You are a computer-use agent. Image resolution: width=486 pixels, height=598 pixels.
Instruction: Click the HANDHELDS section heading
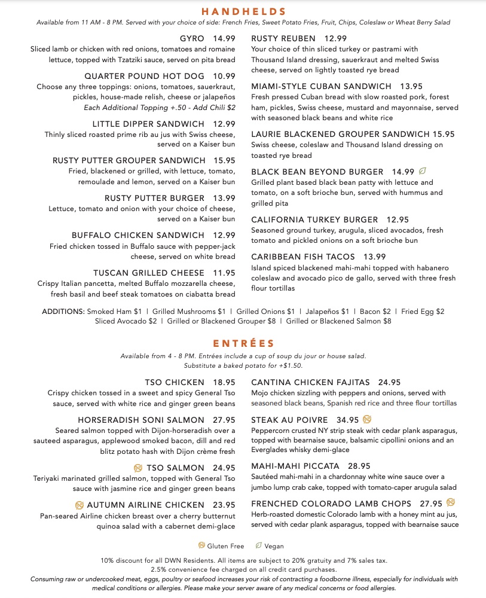point(243,11)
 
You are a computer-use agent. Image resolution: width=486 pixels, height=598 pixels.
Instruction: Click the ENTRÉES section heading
point(243,343)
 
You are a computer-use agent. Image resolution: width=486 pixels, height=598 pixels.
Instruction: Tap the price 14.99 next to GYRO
point(224,38)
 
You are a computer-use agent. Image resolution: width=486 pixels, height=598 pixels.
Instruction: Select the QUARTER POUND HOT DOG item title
point(144,76)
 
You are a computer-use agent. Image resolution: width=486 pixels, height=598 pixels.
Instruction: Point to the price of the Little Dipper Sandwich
point(224,124)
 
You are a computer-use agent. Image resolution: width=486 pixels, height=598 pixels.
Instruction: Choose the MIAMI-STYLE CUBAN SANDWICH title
point(321,86)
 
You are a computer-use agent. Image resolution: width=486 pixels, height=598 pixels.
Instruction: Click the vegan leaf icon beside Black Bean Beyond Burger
point(423,172)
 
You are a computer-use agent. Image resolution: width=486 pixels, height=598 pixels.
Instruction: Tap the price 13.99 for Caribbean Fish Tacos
point(375,257)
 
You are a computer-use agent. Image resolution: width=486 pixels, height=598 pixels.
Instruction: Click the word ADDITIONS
point(63,312)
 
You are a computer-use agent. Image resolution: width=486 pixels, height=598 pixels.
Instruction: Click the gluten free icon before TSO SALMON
point(138,468)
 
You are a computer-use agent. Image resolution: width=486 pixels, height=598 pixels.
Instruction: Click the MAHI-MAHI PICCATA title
point(295,466)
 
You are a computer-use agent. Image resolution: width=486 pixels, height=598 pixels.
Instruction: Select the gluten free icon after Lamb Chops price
point(451,502)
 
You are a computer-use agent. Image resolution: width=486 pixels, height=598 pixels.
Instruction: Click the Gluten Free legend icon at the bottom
point(201,545)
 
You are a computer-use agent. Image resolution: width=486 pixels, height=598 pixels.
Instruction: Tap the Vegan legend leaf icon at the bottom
point(258,545)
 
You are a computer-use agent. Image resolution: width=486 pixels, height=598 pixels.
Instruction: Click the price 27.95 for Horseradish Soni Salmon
point(224,420)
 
